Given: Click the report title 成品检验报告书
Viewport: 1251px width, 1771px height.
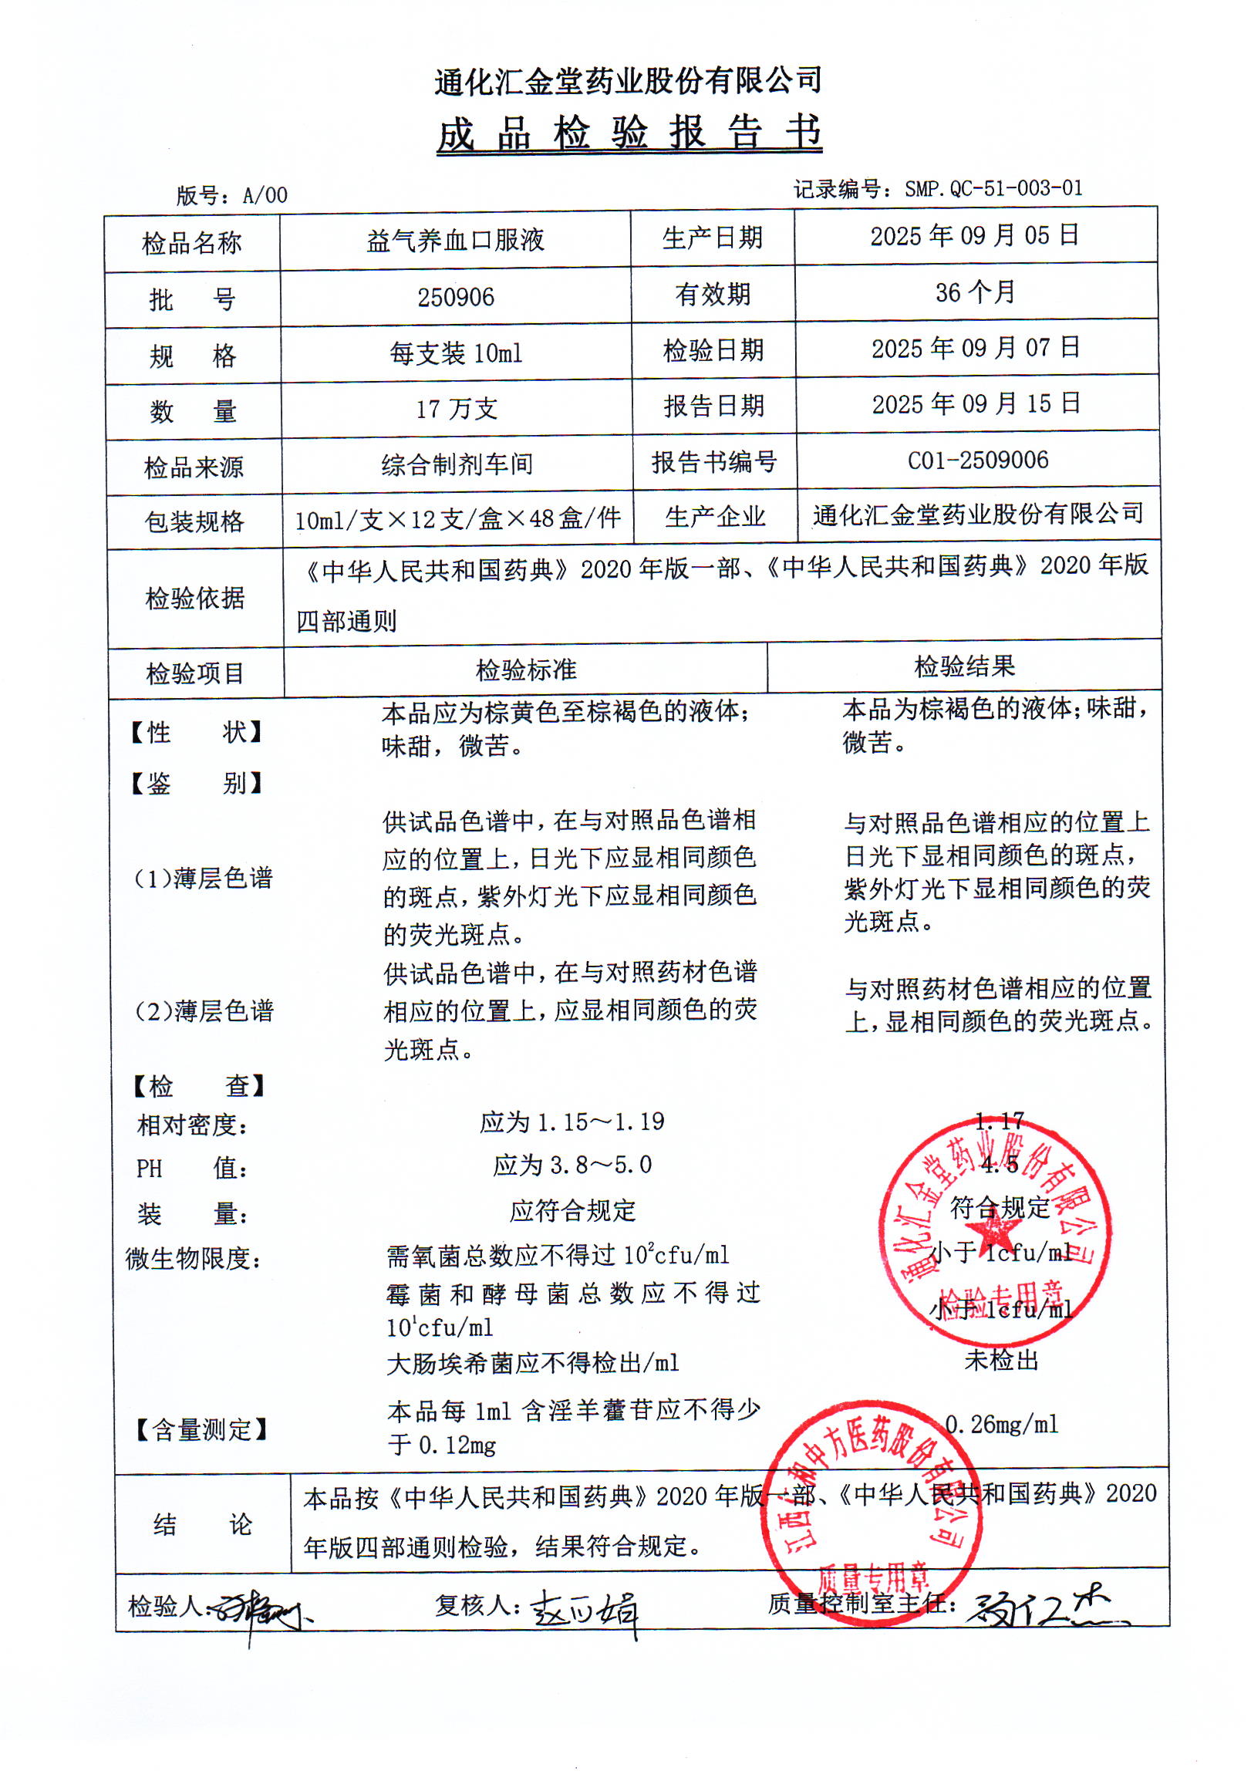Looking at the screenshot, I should (629, 133).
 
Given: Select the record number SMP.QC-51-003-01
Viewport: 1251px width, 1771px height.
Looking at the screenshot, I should (993, 188).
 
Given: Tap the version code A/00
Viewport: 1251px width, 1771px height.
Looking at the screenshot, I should (265, 195).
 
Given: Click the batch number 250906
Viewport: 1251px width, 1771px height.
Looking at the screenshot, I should (456, 297).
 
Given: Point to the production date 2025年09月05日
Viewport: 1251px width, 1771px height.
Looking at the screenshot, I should (974, 235).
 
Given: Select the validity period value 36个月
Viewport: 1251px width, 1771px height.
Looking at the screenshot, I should (975, 292).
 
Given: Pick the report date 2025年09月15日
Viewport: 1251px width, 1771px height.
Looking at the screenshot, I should (976, 403).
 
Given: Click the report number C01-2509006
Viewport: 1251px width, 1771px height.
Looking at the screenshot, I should (977, 460).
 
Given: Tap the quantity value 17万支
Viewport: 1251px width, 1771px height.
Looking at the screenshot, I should (457, 409).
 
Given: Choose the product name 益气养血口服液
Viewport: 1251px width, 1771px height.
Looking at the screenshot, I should (455, 241).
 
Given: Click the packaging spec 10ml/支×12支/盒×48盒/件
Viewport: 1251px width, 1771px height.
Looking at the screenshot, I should (457, 519).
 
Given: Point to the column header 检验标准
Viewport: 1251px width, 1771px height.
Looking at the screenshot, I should (526, 670).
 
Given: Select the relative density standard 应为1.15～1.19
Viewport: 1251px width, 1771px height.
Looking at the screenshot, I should (572, 1122).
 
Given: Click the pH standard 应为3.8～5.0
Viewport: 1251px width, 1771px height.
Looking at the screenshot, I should (572, 1165).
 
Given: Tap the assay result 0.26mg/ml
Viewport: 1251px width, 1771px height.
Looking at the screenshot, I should (1002, 1424).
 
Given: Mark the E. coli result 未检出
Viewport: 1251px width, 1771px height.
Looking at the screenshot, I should (1001, 1360).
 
